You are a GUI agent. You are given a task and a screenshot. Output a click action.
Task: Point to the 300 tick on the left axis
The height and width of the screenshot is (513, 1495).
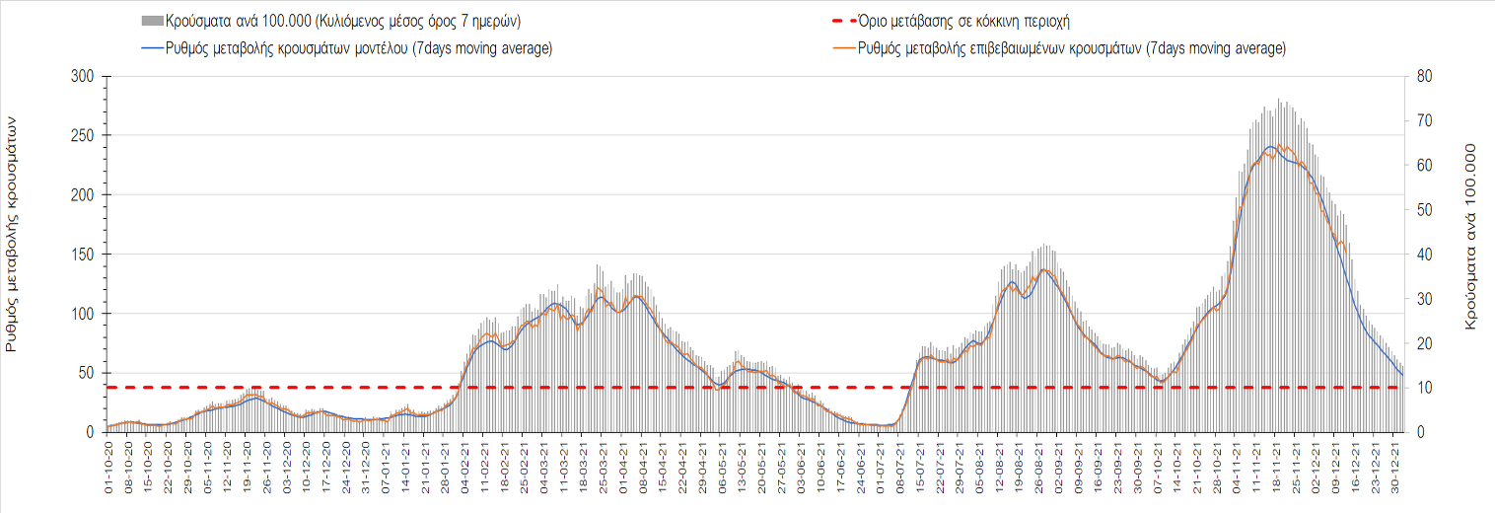pos(84,77)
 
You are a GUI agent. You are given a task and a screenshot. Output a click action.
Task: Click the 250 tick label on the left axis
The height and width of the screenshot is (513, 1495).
pos(84,136)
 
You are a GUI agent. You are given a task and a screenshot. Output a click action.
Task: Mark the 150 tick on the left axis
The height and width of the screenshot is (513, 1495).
pos(84,255)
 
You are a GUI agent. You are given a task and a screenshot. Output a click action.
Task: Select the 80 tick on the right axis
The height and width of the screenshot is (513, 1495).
pos(1423,77)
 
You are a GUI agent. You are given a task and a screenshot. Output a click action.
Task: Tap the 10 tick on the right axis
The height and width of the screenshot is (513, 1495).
pos(1423,388)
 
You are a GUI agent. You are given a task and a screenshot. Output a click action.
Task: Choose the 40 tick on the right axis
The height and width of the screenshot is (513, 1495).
pos(1423,255)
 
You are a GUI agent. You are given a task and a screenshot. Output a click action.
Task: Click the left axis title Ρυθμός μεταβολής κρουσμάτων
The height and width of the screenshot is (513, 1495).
pos(13,233)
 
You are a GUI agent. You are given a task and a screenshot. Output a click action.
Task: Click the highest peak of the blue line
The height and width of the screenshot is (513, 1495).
pos(1270,147)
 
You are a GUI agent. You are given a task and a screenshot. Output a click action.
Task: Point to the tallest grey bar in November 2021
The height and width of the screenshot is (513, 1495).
pos(1278,100)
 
